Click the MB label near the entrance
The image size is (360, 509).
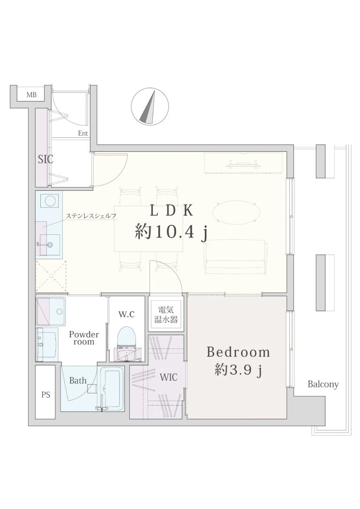(31, 95)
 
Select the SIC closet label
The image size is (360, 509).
(45, 159)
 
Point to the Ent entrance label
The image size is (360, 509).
(83, 133)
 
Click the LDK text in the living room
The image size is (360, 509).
(171, 210)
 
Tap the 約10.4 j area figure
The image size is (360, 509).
(171, 232)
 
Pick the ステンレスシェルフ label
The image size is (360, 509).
(91, 216)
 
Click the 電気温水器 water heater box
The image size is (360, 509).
(166, 314)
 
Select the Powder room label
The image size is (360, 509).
(84, 338)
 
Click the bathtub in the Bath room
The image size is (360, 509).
(112, 388)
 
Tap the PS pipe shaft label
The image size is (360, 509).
(46, 395)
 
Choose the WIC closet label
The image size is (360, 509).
(168, 377)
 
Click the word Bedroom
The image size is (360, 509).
(238, 352)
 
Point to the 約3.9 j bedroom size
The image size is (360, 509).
(238, 370)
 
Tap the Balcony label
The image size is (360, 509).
(323, 385)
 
